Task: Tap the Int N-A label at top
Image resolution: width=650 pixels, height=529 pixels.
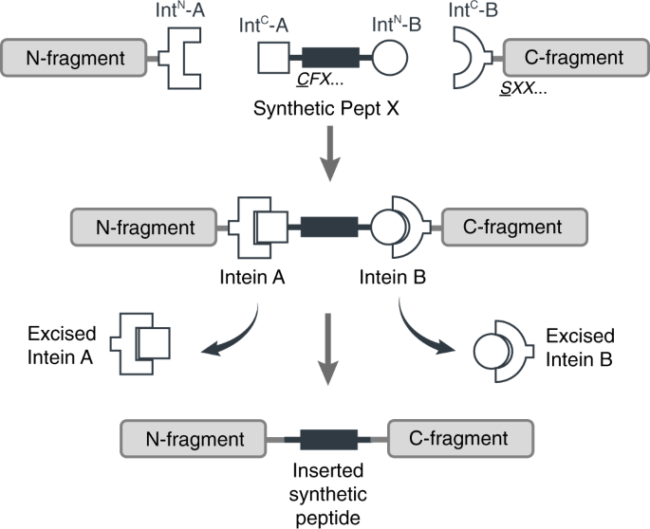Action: pos(178,12)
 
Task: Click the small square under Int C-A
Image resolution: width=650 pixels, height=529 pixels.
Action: pos(274,61)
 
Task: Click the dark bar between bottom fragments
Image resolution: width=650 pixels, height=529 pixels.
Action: pos(328,440)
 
